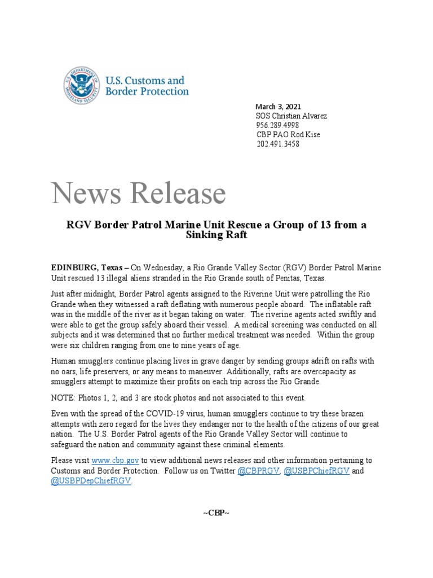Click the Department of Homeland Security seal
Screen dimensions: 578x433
[x=82, y=85]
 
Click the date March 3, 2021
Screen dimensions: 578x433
[x=279, y=106]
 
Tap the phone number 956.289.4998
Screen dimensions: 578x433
[x=277, y=125]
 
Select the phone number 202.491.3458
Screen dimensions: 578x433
[x=277, y=144]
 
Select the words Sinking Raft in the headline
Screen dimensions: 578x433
[x=216, y=235]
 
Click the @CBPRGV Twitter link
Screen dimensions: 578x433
[x=259, y=471]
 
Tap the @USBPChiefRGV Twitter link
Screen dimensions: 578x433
[x=316, y=471]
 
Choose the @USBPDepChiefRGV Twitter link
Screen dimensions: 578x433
[x=91, y=481]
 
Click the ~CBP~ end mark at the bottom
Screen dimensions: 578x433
[x=216, y=513]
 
